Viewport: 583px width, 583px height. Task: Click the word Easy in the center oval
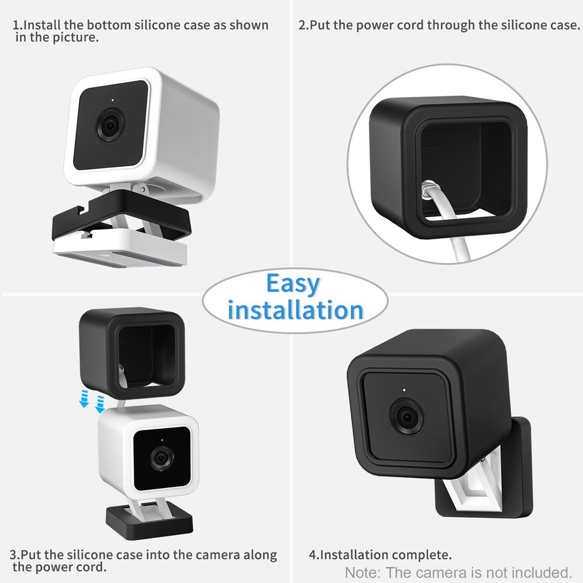coord(293,284)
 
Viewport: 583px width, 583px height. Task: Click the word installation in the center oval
coord(295,310)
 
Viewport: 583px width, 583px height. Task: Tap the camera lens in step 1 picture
coord(110,125)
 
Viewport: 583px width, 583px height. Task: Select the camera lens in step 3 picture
coord(161,457)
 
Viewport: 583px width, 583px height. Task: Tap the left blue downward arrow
coord(84,400)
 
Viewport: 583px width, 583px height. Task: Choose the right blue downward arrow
coord(100,403)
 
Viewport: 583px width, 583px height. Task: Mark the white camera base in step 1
coord(121,250)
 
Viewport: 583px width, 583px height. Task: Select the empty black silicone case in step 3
coord(131,353)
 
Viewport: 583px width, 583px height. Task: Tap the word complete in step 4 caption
coord(421,555)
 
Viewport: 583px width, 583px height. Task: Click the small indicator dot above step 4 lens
coord(403,391)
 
